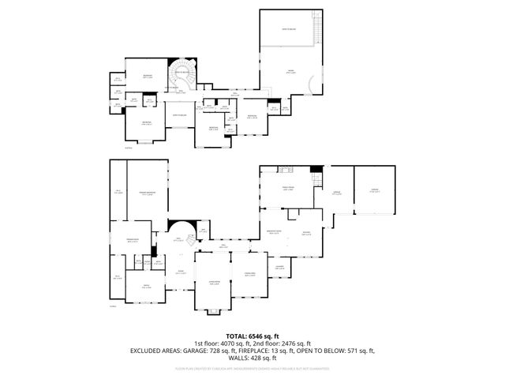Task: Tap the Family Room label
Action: click(289, 188)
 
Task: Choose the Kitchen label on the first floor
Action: click(308, 233)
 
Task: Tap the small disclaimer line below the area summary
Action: click(252, 368)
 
